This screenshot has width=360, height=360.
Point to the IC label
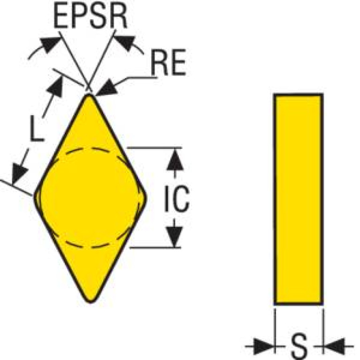tap(176, 200)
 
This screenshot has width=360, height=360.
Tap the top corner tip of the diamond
tap(89, 95)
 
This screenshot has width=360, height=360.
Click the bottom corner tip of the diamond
tap(90, 300)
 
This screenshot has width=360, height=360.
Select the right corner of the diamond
tap(146, 198)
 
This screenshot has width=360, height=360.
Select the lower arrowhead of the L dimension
tap(19, 174)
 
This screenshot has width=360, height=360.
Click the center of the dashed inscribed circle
tap(90, 198)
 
